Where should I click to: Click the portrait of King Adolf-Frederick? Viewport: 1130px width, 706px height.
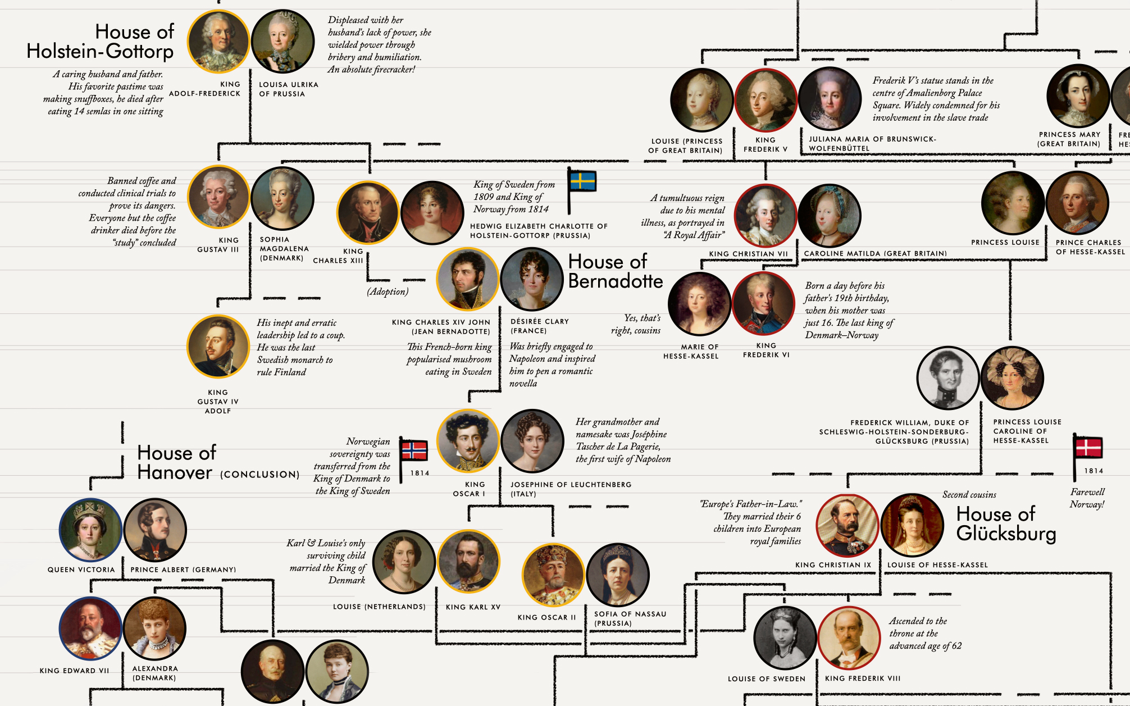[x=218, y=41]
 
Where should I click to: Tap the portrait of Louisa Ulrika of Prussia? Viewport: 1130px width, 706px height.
[x=282, y=41]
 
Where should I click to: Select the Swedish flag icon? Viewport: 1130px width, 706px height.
[x=582, y=181]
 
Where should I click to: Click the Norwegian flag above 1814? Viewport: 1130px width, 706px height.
[x=413, y=450]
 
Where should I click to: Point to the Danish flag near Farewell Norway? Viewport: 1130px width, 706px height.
[x=1088, y=448]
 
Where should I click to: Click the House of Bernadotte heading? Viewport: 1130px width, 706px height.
[x=616, y=271]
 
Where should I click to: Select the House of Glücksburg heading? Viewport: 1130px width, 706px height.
[x=1006, y=523]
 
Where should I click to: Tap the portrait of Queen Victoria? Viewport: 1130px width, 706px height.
[x=90, y=530]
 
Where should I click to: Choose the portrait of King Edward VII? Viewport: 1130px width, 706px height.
[x=90, y=628]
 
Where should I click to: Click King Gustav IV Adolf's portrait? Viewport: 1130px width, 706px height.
[x=218, y=347]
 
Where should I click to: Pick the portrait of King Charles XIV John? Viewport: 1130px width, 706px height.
[x=468, y=279]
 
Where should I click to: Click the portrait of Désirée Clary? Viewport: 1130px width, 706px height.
[x=532, y=279]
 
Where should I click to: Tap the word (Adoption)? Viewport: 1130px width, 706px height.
[x=388, y=291]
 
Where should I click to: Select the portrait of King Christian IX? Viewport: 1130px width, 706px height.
[x=847, y=525]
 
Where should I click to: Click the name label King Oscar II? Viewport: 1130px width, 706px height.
[x=546, y=617]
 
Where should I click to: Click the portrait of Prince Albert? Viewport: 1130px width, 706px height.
[x=155, y=530]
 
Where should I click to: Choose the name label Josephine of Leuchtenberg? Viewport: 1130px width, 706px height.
[x=571, y=484]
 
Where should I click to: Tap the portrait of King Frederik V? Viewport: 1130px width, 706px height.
[x=766, y=100]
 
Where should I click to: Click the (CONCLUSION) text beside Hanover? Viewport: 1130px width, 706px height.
[x=259, y=475]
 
